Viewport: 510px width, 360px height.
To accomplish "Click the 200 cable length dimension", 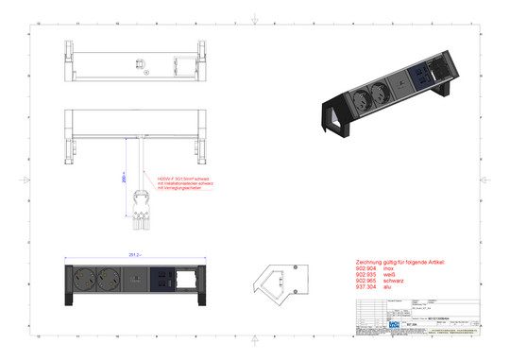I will (x=124, y=176).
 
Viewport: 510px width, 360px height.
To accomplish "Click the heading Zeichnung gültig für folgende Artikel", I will (x=396, y=261).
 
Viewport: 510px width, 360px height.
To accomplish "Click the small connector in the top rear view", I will (x=142, y=66).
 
